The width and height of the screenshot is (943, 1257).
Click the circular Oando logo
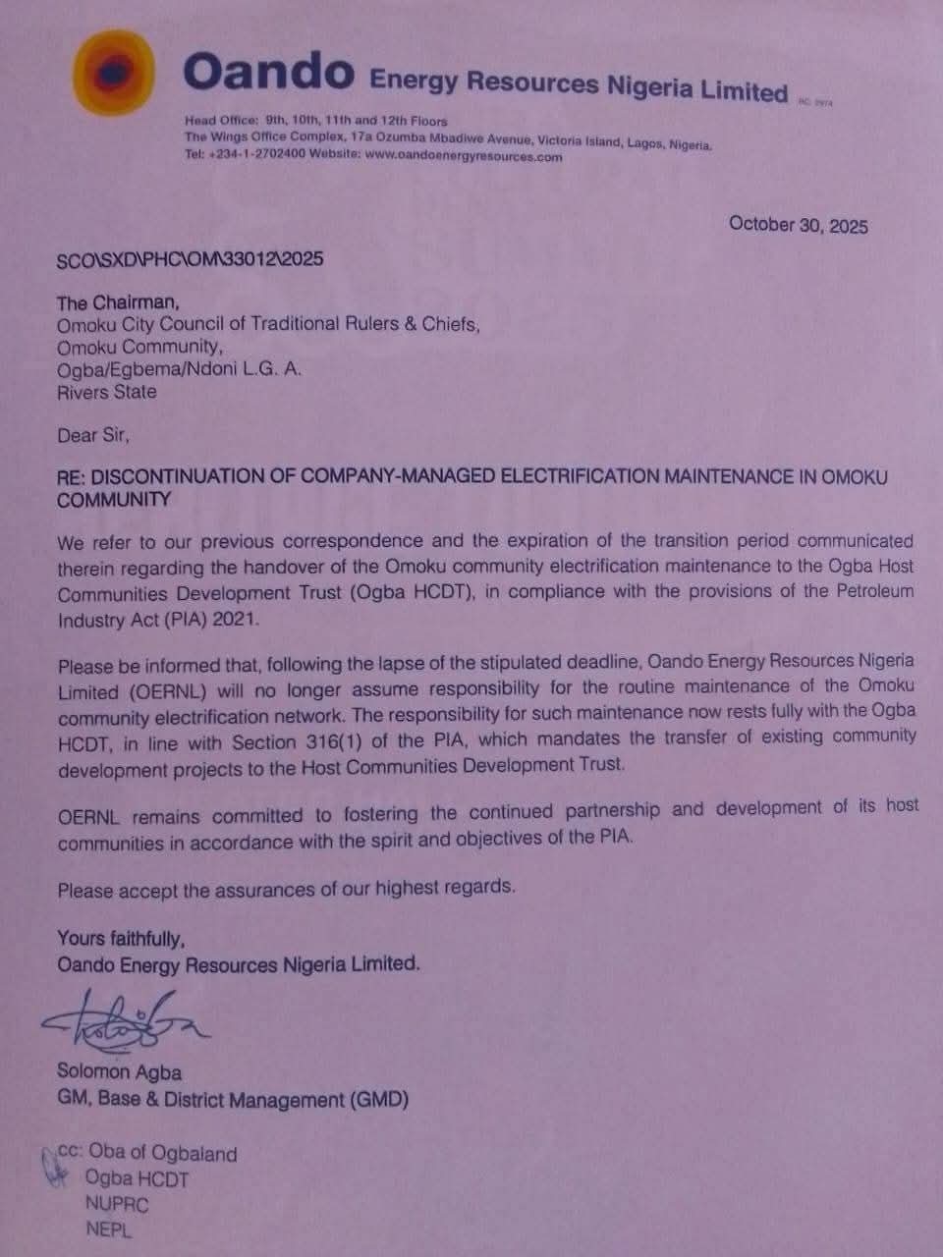(114, 75)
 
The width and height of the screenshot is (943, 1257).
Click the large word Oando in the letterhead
(268, 72)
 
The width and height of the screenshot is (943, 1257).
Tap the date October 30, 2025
(798, 225)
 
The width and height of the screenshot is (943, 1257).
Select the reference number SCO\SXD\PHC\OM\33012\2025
(191, 259)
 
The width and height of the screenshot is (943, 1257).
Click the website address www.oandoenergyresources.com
(464, 155)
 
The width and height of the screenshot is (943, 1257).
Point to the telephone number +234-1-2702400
(256, 154)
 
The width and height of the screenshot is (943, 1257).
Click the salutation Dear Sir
(92, 435)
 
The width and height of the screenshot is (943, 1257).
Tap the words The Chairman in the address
(118, 302)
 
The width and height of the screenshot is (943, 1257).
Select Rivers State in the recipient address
(106, 391)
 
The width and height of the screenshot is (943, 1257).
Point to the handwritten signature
(123, 1022)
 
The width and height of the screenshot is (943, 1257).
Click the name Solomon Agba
(119, 1072)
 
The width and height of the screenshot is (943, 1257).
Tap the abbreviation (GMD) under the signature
(378, 1100)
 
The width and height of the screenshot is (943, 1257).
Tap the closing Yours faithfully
(121, 938)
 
